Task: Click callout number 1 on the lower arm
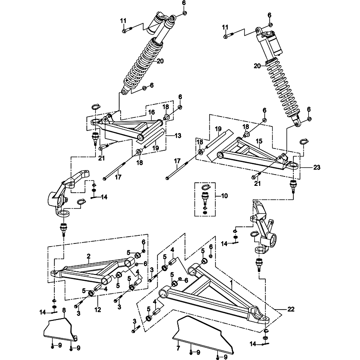point(231,284)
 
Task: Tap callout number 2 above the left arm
point(89,256)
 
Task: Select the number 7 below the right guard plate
point(178,347)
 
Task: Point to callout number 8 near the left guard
point(64,310)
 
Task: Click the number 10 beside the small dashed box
point(225,196)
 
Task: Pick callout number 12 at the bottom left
point(98,310)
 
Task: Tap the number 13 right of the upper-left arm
point(178,135)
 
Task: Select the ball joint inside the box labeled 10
point(205,196)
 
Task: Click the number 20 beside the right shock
point(257,66)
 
